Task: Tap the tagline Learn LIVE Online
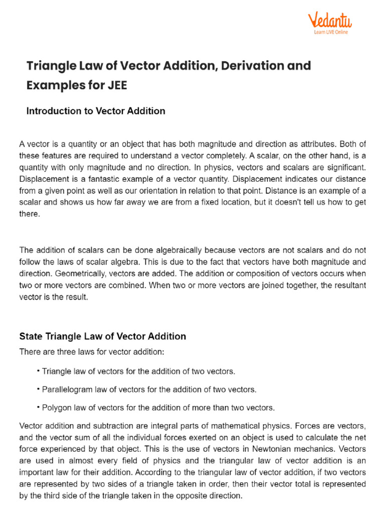pyautogui.click(x=331, y=32)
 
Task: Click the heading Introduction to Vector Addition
pyautogui.click(x=95, y=111)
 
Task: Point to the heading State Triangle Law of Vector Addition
pyautogui.click(x=102, y=336)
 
